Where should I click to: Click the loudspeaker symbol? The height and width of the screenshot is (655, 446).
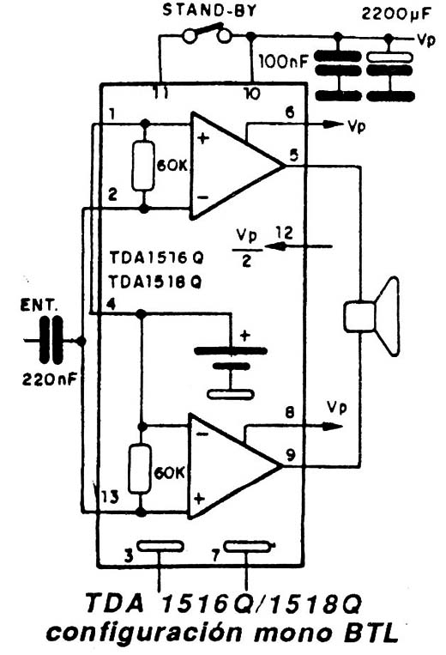[371, 316]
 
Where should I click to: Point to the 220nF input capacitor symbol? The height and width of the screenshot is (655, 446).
[51, 340]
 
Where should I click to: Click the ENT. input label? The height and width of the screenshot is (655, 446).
[39, 306]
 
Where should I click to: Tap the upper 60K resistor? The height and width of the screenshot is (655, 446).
[143, 166]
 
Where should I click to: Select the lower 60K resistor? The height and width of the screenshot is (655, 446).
[140, 469]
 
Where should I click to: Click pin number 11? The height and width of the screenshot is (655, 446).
[160, 93]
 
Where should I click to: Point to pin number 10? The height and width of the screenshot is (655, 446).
[252, 93]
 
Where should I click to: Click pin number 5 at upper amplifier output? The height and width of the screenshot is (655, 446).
[294, 155]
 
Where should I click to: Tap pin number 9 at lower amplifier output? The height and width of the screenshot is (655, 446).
[291, 454]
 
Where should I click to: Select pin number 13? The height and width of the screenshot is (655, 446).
[110, 497]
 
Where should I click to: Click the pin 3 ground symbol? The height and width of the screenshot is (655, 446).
[160, 546]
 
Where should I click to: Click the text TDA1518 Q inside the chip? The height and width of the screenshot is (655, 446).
[155, 282]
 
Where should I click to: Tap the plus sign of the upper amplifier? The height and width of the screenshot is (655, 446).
[203, 138]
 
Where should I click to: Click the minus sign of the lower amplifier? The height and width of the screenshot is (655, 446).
[202, 434]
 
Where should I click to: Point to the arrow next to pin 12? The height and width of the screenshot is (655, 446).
[298, 246]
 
